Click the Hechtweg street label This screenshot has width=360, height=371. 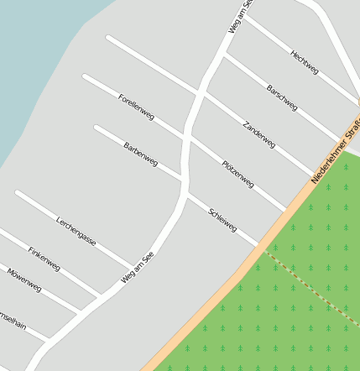point(304,62)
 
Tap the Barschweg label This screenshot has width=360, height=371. point(282,97)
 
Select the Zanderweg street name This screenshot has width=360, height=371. point(258,134)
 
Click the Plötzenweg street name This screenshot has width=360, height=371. point(238,173)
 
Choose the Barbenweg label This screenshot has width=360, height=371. point(140,154)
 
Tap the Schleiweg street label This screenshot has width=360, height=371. point(222,220)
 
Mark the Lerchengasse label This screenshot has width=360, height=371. point(76,232)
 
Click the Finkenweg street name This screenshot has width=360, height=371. point(44,259)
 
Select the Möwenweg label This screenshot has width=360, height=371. point(24,280)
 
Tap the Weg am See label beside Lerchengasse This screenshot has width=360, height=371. point(138,267)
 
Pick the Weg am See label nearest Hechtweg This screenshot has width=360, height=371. point(240,17)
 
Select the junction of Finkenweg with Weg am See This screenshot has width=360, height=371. point(102,295)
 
